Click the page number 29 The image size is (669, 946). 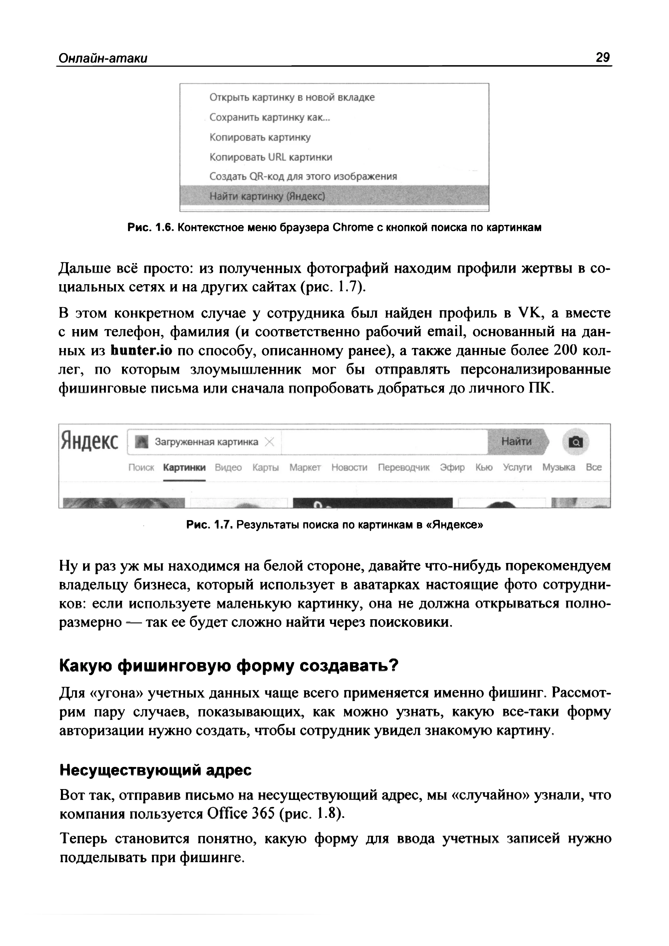coord(602,57)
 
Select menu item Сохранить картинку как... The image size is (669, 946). coord(270,117)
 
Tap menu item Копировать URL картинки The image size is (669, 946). coord(271,157)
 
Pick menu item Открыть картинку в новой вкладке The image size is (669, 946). coord(292,97)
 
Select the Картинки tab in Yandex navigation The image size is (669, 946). coord(184,467)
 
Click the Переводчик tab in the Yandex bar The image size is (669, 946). coord(404,467)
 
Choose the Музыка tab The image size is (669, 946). coord(558,467)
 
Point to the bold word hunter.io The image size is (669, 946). coord(141,350)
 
